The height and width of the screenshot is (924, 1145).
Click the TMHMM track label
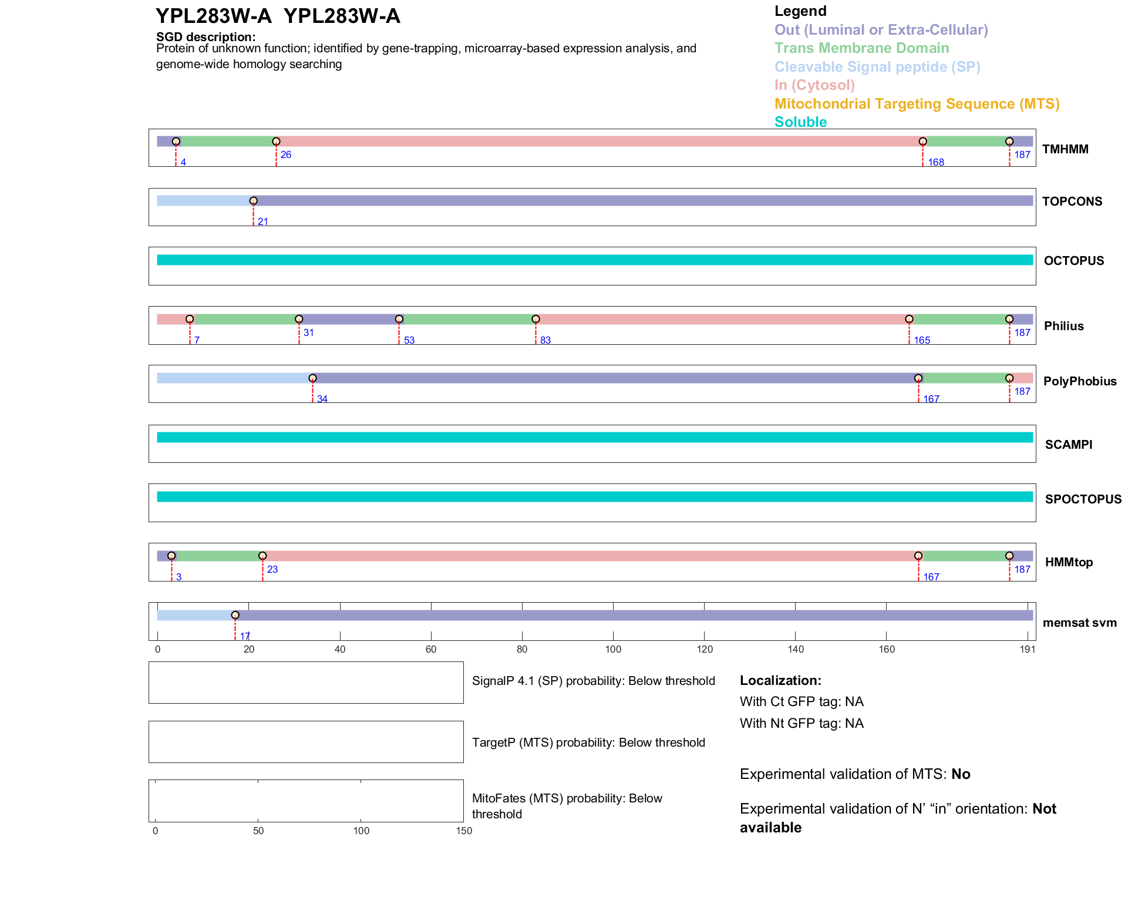click(x=1065, y=149)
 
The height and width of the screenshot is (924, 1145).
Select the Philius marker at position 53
click(x=399, y=319)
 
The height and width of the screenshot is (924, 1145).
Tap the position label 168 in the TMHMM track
click(x=936, y=162)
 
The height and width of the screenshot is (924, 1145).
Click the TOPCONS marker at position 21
click(x=253, y=201)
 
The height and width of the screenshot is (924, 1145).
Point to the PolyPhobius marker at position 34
click(x=312, y=378)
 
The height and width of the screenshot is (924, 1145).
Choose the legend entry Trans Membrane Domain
click(x=861, y=48)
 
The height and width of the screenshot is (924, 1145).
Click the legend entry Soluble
click(x=800, y=122)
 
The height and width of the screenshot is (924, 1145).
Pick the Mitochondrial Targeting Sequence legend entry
click(x=917, y=104)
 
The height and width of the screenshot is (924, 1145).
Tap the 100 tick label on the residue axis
click(x=613, y=649)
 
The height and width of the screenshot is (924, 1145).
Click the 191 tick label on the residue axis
click(x=1028, y=649)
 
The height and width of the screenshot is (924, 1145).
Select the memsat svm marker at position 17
click(x=235, y=615)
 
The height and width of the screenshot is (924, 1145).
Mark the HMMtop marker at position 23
click(x=262, y=556)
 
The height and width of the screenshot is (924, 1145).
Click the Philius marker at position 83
click(x=536, y=319)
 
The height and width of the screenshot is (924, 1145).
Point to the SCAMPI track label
click(x=1069, y=445)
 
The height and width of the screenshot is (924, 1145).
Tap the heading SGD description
click(x=206, y=37)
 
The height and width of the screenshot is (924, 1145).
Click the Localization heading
click(x=780, y=680)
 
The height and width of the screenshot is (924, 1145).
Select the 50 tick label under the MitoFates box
click(x=258, y=831)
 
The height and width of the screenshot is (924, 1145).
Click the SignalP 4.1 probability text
click(x=593, y=681)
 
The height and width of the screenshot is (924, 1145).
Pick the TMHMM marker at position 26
click(x=276, y=142)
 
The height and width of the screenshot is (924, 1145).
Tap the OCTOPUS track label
click(x=1073, y=261)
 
